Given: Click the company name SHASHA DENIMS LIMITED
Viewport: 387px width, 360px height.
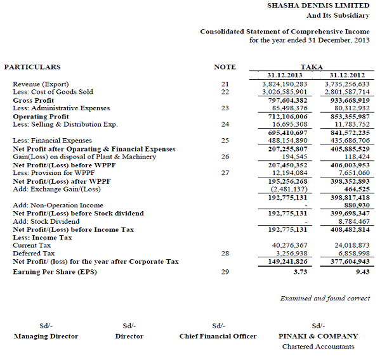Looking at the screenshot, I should point(318,5).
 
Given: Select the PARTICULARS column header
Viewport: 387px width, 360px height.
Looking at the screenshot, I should point(32,67).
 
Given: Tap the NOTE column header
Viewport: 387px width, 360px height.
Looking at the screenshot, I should point(225,67).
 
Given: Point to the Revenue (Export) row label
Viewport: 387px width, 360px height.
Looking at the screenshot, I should point(41,84).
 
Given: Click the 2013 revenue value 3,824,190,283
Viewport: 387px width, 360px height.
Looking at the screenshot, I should point(285,84).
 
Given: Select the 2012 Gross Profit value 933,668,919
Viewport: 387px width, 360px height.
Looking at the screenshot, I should point(346,100).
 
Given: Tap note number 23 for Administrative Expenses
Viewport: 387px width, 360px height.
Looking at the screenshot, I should point(225,108).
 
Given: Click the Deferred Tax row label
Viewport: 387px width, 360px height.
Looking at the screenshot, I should point(32,254).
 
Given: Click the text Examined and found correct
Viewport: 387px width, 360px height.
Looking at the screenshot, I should point(325,298).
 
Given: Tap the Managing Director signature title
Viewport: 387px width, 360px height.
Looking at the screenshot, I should point(46,336).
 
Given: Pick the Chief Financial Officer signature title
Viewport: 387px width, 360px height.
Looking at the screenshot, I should point(218,336).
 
